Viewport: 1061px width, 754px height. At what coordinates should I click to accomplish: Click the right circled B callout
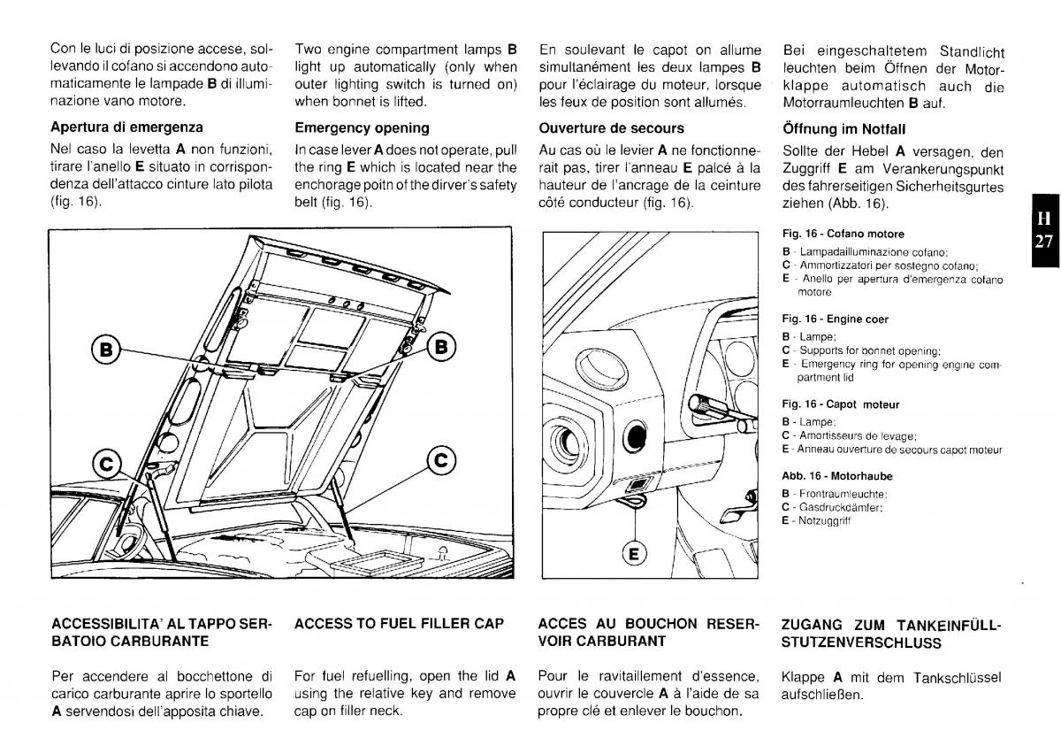(441, 345)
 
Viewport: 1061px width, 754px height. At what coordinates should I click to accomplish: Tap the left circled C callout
(107, 462)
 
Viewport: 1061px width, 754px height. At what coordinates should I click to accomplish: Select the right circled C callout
(441, 459)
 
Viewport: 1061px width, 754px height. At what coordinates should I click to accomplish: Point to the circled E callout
(633, 554)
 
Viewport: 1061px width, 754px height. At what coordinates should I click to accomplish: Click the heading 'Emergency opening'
(362, 127)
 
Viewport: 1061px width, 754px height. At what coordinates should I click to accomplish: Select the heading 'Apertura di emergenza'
(126, 127)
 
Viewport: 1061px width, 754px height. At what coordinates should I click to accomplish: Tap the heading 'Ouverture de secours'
(611, 127)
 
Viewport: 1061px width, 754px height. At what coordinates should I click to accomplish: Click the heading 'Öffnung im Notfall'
(843, 128)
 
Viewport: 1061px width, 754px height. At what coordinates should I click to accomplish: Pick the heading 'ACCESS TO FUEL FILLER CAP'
(399, 623)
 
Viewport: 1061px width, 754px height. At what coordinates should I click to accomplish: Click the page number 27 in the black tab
(1044, 240)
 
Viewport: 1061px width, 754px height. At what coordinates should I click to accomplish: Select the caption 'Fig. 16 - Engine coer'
(835, 319)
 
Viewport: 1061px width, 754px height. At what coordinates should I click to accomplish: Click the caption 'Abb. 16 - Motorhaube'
(836, 476)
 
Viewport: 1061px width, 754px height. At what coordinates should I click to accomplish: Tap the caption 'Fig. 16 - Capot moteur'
(840, 404)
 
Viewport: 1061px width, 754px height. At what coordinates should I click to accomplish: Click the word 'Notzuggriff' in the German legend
(826, 521)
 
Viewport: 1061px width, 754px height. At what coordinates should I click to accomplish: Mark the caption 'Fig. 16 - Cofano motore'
(843, 235)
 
